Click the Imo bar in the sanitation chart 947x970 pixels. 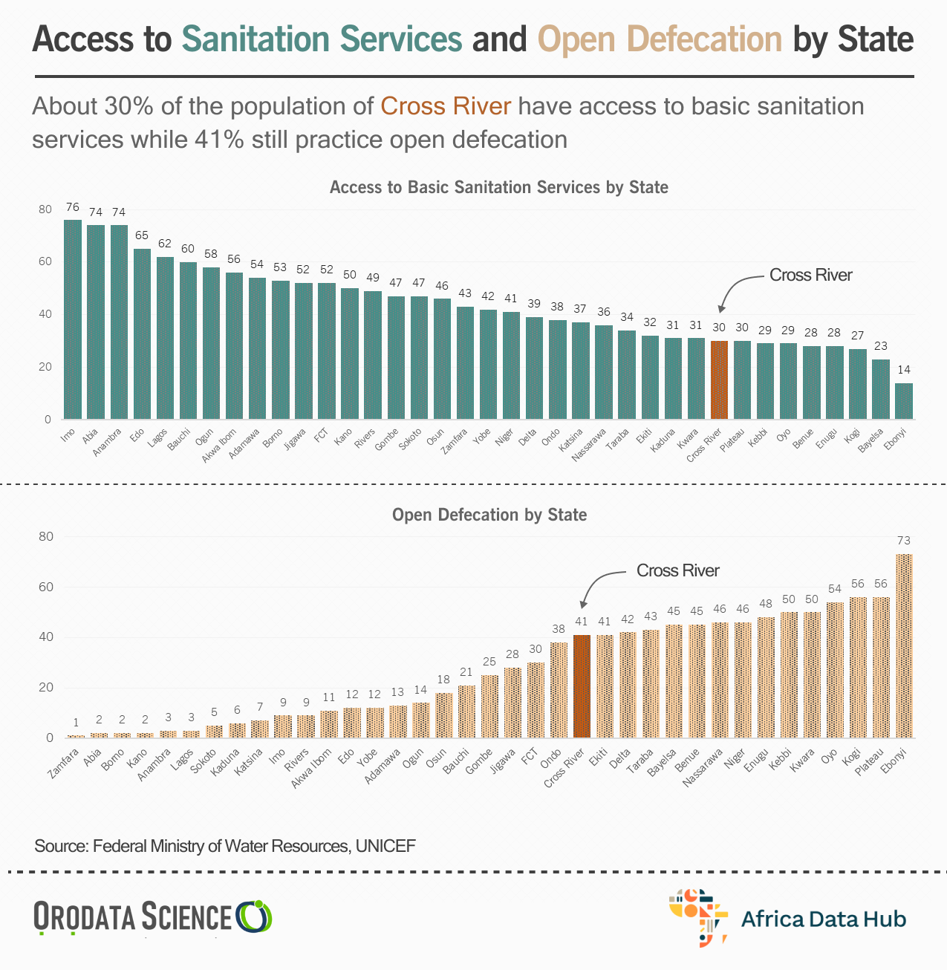coord(73,319)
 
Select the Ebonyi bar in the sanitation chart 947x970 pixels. coord(904,401)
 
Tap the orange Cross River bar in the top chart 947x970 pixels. coord(719,380)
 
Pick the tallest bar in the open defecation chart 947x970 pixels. coord(904,645)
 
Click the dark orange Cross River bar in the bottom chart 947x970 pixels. coord(582,686)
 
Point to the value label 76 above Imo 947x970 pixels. coord(72,207)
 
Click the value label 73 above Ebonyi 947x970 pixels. coord(903,541)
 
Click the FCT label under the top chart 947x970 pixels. coord(322,434)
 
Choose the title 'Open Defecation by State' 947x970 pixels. coord(489,515)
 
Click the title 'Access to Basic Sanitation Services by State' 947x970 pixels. coord(498,187)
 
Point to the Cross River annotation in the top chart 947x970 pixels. coord(810,275)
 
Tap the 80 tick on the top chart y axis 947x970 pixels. coord(46,209)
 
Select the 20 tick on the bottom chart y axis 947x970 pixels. coord(46,688)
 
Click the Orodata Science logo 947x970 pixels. coord(152,917)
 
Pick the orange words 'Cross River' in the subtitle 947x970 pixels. coord(446,106)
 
